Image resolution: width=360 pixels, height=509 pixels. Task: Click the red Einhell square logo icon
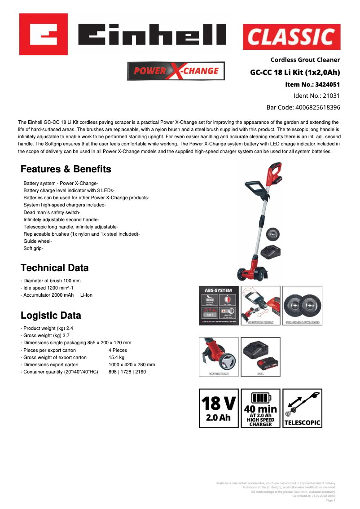click(x=44, y=34)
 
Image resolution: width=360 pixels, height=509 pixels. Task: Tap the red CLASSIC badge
click(x=291, y=37)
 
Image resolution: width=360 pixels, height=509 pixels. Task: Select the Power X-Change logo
click(x=176, y=71)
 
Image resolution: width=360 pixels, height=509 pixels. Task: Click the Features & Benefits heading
click(x=66, y=169)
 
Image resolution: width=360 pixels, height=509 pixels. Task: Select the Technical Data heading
click(x=55, y=268)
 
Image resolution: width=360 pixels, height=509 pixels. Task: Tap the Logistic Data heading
click(x=51, y=315)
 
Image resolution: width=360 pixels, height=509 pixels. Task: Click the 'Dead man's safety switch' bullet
click(x=52, y=212)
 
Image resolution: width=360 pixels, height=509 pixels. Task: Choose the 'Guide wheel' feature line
click(x=38, y=241)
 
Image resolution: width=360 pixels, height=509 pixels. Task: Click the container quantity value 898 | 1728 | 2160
click(x=127, y=372)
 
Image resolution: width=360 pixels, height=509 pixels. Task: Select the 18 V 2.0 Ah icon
click(x=219, y=408)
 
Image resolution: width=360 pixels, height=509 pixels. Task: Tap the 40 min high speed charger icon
click(x=260, y=408)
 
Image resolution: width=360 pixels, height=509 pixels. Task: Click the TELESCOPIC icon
click(x=302, y=408)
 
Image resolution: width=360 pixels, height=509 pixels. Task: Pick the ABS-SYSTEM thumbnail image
click(x=219, y=306)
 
